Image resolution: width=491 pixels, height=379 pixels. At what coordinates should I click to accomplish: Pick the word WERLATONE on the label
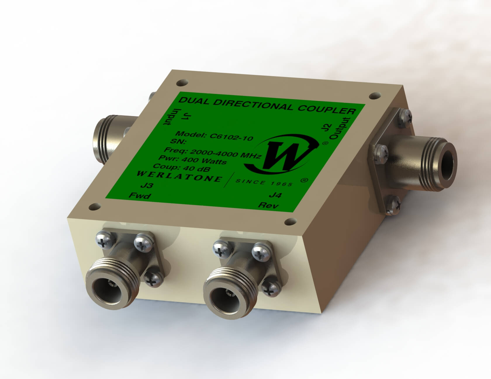(179, 176)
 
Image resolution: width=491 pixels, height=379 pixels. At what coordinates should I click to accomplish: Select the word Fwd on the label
(141, 196)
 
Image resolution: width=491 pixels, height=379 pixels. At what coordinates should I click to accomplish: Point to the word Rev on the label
(268, 205)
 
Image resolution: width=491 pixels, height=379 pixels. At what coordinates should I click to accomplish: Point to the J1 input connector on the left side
(107, 134)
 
